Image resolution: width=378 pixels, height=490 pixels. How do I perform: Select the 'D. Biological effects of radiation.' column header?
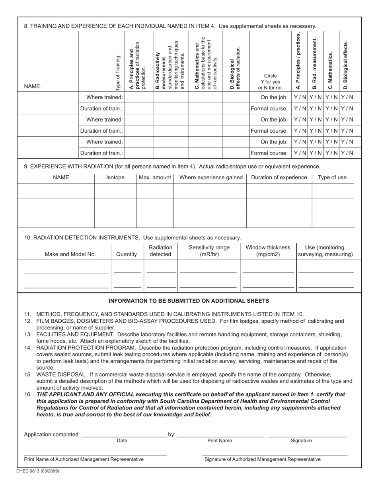(x=235, y=68)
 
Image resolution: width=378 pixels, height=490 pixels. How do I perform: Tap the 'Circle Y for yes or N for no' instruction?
(x=270, y=82)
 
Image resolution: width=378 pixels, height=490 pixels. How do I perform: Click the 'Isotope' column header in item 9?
(x=115, y=178)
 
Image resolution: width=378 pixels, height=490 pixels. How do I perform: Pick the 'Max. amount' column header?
(x=155, y=178)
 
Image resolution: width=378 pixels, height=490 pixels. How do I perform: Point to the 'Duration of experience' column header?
(x=279, y=178)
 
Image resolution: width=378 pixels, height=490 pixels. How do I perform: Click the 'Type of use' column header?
(x=332, y=178)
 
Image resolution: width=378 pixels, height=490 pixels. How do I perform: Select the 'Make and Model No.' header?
(x=70, y=254)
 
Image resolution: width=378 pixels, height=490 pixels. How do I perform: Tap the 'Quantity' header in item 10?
(x=127, y=254)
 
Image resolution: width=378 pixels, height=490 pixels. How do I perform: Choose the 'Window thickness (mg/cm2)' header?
(x=268, y=251)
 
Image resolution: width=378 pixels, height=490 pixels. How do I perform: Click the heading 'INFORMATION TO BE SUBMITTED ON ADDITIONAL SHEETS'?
(x=189, y=301)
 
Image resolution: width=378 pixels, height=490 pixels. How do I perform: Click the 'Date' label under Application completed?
(x=122, y=441)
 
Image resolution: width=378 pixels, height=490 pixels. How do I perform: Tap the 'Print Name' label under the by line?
(x=220, y=441)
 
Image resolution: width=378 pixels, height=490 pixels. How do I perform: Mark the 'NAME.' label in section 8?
(x=33, y=86)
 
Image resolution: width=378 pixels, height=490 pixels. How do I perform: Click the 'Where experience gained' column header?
(x=211, y=178)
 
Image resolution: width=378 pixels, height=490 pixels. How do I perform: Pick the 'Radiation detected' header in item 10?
(x=160, y=251)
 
